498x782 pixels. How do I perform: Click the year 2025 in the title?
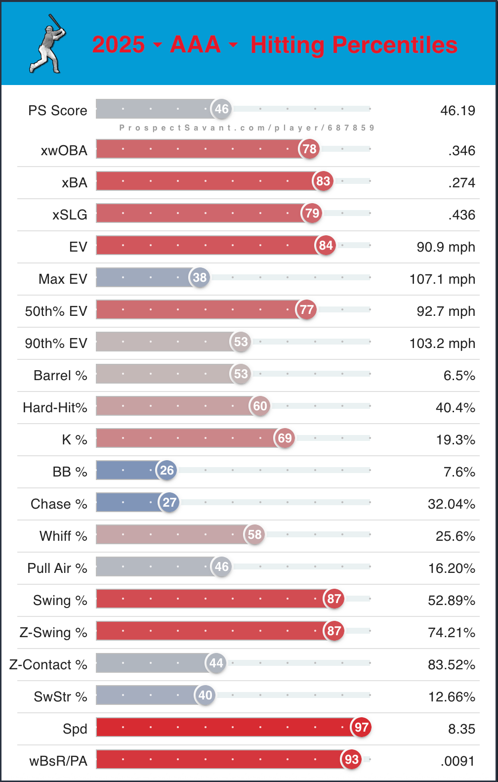click(x=119, y=44)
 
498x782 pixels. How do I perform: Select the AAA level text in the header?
click(x=195, y=44)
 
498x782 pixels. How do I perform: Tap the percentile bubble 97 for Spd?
click(x=362, y=727)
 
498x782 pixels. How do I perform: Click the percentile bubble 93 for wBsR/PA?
click(x=352, y=759)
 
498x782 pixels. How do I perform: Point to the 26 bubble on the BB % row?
click(x=167, y=470)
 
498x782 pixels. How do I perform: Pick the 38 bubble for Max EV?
click(x=200, y=277)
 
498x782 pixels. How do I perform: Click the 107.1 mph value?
click(x=442, y=279)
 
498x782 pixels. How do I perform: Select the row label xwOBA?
click(x=64, y=151)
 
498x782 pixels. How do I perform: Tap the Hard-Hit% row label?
click(x=55, y=408)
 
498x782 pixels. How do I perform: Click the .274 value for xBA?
click(x=461, y=183)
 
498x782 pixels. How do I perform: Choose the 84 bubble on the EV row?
click(x=326, y=245)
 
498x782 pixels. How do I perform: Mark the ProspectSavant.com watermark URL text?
click(x=247, y=128)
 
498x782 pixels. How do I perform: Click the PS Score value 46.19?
click(x=457, y=110)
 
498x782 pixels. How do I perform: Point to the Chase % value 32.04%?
click(x=451, y=504)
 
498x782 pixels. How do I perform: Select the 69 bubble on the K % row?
click(x=285, y=438)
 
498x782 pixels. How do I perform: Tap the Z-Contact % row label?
click(x=48, y=665)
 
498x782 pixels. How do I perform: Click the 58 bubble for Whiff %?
click(x=254, y=534)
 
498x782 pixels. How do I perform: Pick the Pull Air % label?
click(x=57, y=568)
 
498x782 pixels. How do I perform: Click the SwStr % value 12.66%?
click(x=451, y=697)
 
